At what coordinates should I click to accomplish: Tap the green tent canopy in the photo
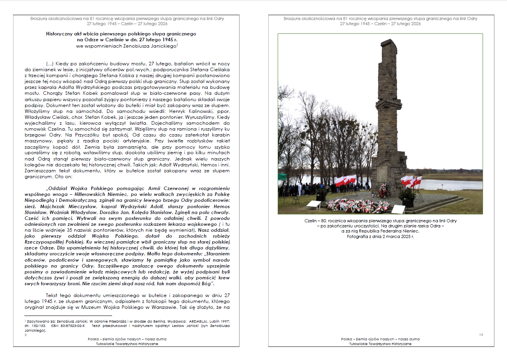(282, 177)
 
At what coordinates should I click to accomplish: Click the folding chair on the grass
(296, 200)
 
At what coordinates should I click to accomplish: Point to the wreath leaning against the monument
(383, 190)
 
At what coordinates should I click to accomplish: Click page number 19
(481, 334)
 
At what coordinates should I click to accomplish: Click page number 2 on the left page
(26, 335)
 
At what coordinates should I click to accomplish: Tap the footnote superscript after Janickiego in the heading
(178, 44)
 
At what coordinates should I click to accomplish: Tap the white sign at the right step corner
(398, 209)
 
